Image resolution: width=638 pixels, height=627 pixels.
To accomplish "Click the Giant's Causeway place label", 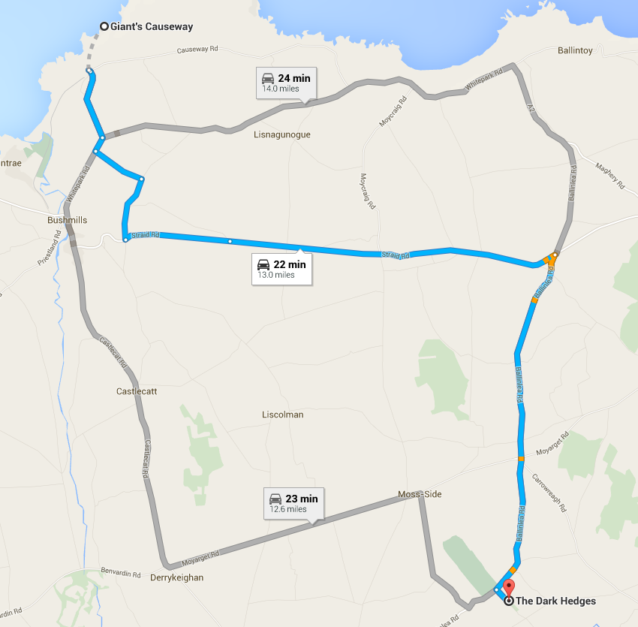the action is (x=152, y=27).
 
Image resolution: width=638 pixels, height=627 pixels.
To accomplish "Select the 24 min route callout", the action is (x=286, y=83).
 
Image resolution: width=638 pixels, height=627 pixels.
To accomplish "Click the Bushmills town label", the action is (x=68, y=220).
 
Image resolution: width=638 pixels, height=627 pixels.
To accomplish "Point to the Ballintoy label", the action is (x=576, y=51).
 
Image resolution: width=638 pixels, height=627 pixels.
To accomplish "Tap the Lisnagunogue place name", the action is (x=282, y=135).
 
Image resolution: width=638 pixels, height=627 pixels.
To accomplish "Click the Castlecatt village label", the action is (x=137, y=392).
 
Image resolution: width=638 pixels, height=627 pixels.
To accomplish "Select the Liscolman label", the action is (x=283, y=414).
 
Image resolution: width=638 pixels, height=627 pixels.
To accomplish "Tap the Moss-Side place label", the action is (x=420, y=494).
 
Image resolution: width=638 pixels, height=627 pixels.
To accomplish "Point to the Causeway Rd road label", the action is (x=197, y=50).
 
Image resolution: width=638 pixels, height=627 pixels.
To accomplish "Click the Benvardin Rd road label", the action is (x=121, y=574).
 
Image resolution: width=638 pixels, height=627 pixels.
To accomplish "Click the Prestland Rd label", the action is (x=50, y=251).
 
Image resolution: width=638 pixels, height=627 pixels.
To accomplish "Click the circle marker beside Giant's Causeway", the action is (x=104, y=27).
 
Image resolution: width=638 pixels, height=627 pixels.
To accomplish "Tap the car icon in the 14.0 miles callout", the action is (x=267, y=78).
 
